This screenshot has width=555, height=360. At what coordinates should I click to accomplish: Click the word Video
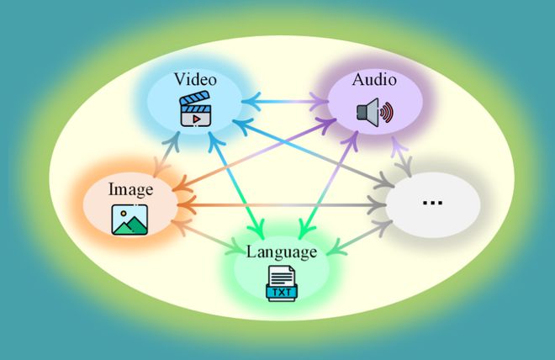click(x=195, y=80)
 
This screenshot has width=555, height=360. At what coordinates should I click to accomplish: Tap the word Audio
click(x=374, y=80)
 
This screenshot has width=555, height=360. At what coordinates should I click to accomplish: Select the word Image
click(x=129, y=188)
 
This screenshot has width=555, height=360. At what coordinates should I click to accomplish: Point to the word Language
click(x=281, y=251)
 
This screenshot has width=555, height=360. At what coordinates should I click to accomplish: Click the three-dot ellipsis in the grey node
click(x=432, y=203)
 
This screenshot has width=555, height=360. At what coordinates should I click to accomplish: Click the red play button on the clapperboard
click(x=195, y=119)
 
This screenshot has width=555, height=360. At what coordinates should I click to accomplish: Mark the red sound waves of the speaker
click(x=386, y=112)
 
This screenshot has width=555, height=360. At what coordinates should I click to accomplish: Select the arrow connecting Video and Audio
click(x=283, y=103)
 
